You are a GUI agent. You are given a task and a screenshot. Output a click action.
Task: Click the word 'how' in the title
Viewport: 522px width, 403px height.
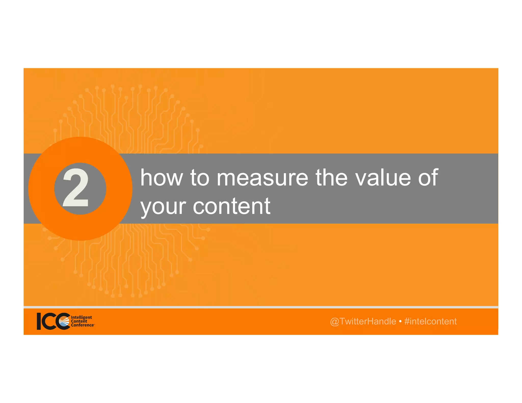(x=162, y=178)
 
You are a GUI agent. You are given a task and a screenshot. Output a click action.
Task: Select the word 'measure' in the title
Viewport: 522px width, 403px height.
(x=262, y=178)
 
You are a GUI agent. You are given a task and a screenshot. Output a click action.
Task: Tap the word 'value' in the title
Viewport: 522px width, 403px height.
(x=383, y=178)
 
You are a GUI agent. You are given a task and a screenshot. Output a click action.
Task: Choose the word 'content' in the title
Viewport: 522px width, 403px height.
(x=231, y=206)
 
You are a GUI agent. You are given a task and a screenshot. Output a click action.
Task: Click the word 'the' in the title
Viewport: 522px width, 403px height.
(x=332, y=178)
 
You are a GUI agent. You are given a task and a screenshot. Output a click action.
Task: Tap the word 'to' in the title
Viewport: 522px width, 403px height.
(x=200, y=178)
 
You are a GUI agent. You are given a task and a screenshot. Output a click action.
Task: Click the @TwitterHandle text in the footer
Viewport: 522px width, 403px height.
(x=363, y=321)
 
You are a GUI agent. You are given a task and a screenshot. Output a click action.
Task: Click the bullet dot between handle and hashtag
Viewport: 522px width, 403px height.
(x=400, y=321)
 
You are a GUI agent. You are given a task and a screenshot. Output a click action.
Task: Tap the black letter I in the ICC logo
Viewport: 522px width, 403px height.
(x=39, y=321)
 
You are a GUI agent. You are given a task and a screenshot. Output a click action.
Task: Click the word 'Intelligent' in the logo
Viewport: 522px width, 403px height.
(x=81, y=317)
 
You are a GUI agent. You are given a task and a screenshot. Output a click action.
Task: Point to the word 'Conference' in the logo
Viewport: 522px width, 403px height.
(x=82, y=325)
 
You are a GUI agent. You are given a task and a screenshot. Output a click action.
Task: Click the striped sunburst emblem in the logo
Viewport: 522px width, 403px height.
(x=64, y=321)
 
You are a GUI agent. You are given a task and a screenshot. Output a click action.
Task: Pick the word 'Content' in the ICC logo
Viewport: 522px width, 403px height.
(x=79, y=321)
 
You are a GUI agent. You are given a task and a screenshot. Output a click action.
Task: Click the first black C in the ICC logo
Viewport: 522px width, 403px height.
(x=50, y=321)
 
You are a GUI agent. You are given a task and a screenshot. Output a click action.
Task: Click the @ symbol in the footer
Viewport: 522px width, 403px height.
(x=334, y=322)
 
